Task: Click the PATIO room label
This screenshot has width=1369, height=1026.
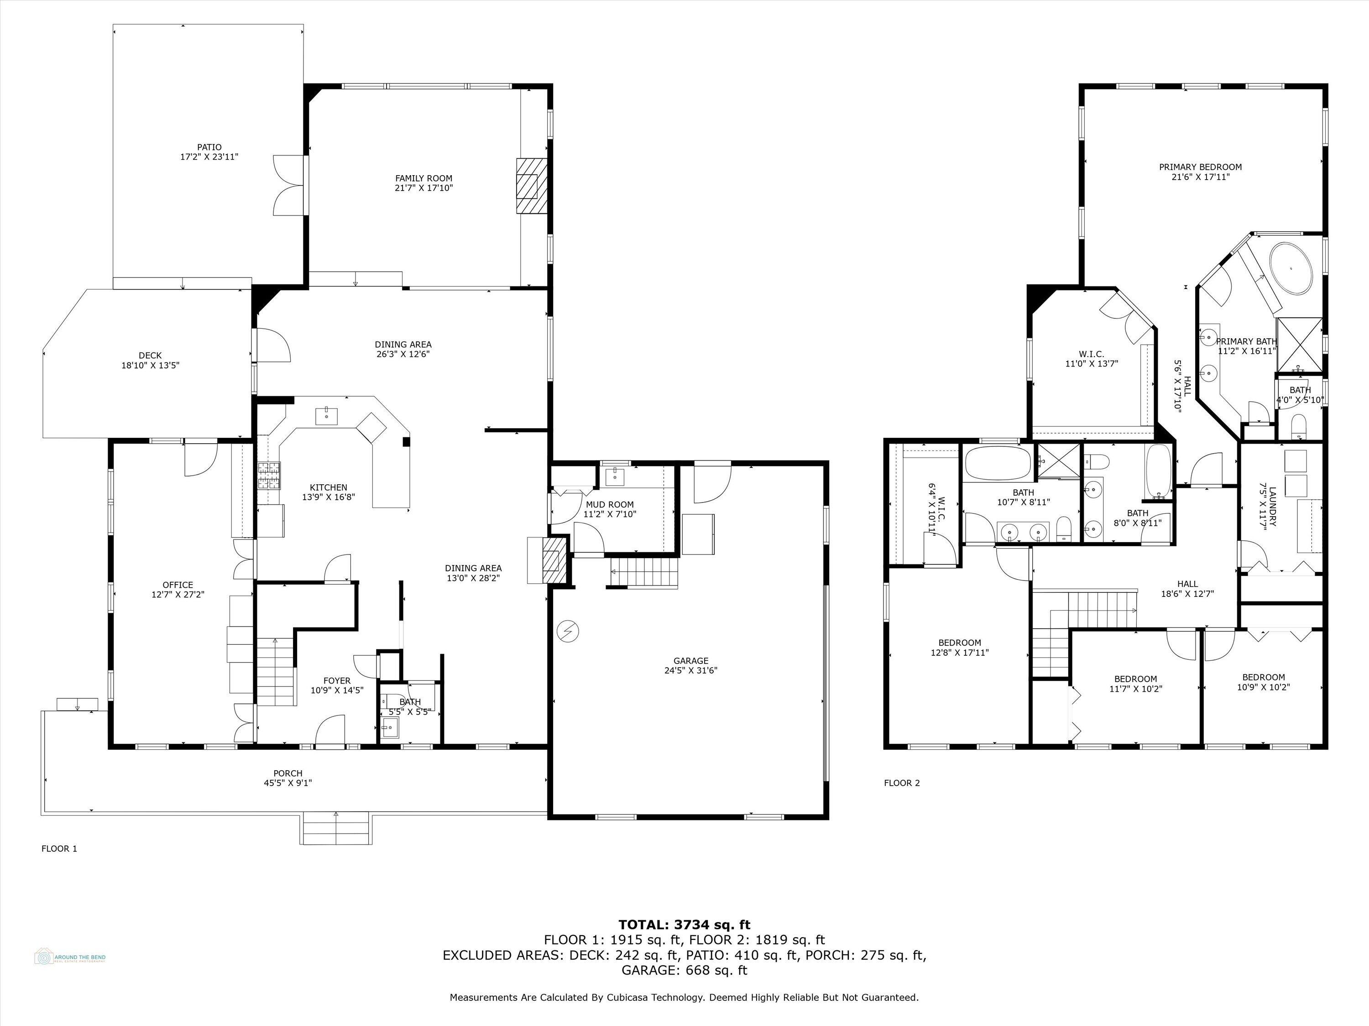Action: click(209, 147)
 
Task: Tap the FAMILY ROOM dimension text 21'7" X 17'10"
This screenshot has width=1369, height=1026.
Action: click(424, 188)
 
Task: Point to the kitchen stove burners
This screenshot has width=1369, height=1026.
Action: click(269, 476)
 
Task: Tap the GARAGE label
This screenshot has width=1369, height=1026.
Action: click(691, 660)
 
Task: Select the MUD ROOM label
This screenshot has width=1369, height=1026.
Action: click(610, 505)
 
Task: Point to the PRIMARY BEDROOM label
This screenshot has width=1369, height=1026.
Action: click(1200, 167)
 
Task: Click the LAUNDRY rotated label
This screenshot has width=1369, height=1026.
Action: click(1272, 507)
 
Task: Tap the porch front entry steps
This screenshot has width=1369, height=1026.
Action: click(337, 828)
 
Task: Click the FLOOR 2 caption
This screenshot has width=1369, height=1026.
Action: click(902, 783)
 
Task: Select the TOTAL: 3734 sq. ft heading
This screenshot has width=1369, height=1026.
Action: click(684, 925)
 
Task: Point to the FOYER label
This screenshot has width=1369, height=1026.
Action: click(337, 680)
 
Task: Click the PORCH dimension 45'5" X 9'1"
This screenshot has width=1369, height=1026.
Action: click(288, 783)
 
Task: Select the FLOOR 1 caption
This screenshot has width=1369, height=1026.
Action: click(59, 849)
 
